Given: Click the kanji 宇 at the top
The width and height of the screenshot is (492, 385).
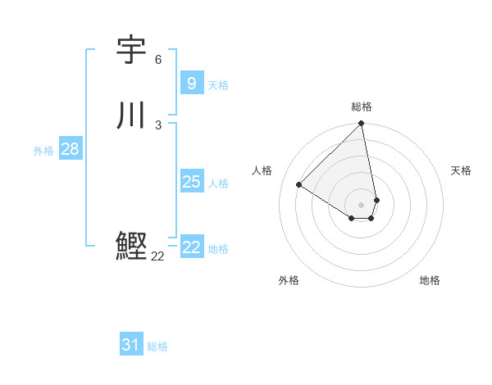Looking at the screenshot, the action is [x=131, y=51].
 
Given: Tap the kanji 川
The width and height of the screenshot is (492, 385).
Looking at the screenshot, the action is [x=131, y=115].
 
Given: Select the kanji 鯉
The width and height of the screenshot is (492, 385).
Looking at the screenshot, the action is [x=131, y=246].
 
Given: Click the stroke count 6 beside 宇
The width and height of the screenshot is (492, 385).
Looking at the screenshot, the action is [x=158, y=60].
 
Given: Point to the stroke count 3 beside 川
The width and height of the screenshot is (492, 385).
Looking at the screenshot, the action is [x=158, y=125].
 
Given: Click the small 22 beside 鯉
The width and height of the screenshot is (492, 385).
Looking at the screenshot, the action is [x=158, y=256].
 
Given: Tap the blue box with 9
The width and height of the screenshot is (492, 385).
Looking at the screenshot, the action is [x=191, y=83].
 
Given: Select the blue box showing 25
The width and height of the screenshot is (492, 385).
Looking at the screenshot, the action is [x=191, y=182].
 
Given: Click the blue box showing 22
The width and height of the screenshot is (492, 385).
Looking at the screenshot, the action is [x=191, y=247].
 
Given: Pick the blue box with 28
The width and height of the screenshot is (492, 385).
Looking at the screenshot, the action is [x=70, y=149].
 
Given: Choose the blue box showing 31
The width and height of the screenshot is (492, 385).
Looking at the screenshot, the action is [x=130, y=345].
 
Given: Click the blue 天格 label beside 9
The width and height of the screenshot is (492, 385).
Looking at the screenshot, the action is [x=218, y=85].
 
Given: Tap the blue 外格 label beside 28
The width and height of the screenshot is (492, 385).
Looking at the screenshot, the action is [x=43, y=151].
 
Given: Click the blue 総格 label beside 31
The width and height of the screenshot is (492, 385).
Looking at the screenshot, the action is [x=157, y=346].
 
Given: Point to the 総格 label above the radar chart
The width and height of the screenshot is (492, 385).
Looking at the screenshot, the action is [x=362, y=106].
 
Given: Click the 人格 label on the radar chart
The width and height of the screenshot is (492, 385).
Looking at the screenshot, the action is [x=262, y=170].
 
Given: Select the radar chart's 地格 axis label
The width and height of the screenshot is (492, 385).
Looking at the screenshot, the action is [x=430, y=280].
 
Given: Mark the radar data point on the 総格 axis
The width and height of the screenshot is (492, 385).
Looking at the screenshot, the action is [x=362, y=125].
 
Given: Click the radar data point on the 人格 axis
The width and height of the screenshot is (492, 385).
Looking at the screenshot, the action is [x=299, y=184].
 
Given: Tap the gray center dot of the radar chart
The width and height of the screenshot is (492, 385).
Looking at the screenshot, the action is [x=362, y=204].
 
